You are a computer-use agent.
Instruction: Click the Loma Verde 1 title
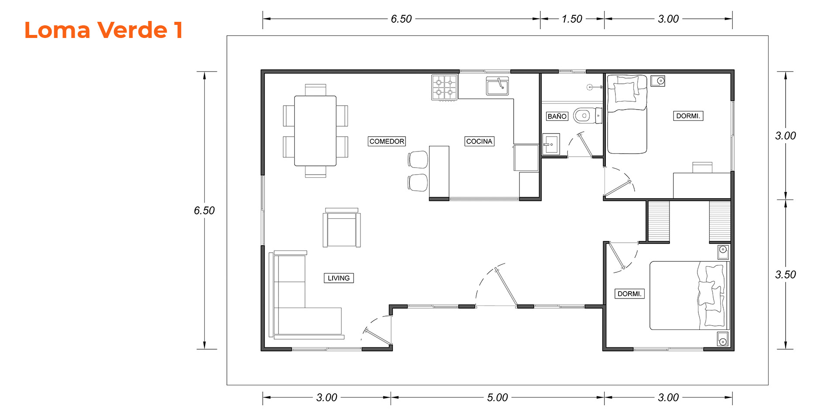103,30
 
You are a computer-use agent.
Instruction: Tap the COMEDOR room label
387,141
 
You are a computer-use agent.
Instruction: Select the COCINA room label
479,141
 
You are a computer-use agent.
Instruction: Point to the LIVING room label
339,278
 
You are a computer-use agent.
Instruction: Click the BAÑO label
557,117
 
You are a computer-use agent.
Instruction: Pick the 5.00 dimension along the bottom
497,398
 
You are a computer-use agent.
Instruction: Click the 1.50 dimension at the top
572,19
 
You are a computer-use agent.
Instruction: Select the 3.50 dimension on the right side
786,275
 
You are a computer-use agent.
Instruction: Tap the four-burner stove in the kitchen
444,87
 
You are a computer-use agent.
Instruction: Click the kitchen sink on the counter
498,86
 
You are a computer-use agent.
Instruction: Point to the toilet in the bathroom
587,116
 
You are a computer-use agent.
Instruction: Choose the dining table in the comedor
315,131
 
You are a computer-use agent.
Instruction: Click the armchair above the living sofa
342,228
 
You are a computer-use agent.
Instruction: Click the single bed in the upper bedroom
627,114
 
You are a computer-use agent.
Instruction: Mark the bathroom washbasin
551,144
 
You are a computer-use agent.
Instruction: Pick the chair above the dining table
316,90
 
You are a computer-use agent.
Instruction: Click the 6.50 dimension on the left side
204,210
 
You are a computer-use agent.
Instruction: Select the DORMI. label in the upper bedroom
688,116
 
